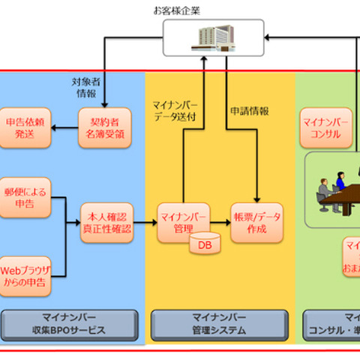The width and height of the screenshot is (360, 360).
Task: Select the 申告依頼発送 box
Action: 25,127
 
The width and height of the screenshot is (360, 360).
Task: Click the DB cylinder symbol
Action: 201,244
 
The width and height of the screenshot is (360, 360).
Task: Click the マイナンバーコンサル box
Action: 325,127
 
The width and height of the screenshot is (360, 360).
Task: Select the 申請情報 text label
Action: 249,111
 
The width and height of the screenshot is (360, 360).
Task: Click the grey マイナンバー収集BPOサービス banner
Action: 73,325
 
